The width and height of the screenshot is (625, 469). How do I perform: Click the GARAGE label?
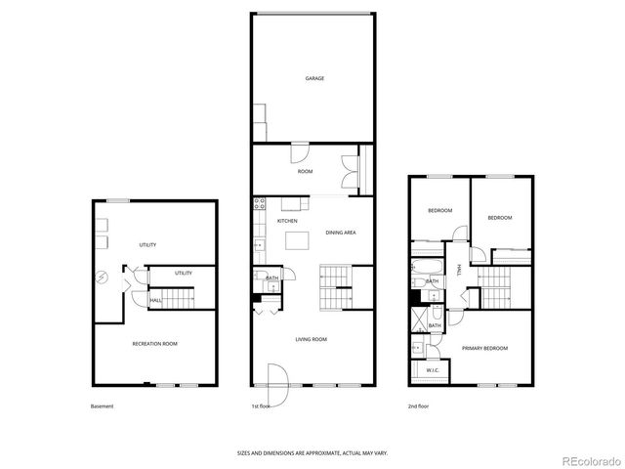[313, 79]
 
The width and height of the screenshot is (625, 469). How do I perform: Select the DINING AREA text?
[340, 232]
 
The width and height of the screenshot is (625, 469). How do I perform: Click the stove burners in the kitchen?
[259, 204]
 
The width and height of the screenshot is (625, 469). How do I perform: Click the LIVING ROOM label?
[312, 339]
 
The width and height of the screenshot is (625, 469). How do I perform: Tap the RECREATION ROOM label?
[154, 344]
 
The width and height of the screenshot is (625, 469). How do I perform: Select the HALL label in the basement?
[156, 301]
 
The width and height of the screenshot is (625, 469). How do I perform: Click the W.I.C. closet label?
[431, 370]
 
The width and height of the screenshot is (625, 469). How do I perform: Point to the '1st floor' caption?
[261, 405]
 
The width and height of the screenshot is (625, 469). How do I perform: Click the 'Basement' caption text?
[103, 405]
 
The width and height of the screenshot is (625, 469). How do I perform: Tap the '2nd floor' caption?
[419, 405]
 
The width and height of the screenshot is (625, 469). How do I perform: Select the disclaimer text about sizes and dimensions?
[312, 452]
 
